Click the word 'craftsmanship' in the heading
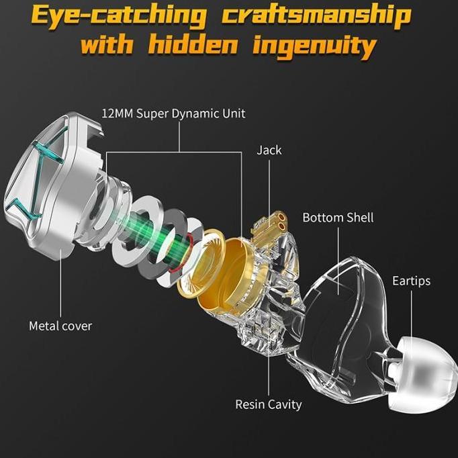pyautogui.click(x=316, y=17)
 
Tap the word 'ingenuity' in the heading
pyautogui.click(x=314, y=47)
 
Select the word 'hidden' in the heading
pyautogui.click(x=193, y=45)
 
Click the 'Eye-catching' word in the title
pyautogui.click(x=118, y=17)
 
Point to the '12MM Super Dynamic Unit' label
pyautogui.click(x=173, y=113)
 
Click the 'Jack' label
pyautogui.click(x=269, y=150)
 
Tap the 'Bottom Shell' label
pyautogui.click(x=338, y=218)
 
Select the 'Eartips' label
pyautogui.click(x=411, y=281)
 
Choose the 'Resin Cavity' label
pyautogui.click(x=269, y=404)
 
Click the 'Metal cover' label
pyautogui.click(x=60, y=326)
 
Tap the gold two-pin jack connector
pyautogui.click(x=270, y=226)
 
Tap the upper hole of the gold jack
pyautogui.click(x=282, y=217)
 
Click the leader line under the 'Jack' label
pyautogui.click(x=269, y=193)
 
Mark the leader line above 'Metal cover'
pyautogui.click(x=60, y=283)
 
